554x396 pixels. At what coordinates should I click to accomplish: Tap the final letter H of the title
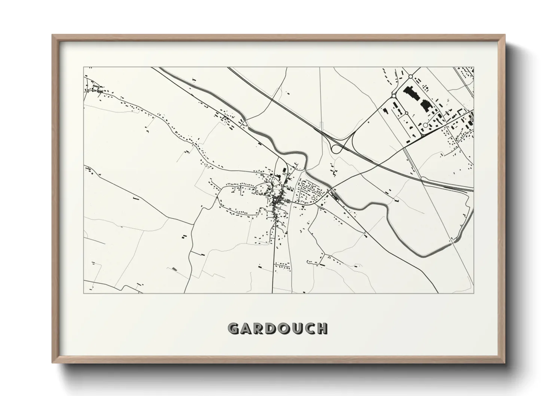click(322, 329)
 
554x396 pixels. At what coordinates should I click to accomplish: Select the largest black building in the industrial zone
click(411, 94)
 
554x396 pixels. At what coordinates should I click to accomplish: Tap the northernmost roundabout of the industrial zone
click(410, 77)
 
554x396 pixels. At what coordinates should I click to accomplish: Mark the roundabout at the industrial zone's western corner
click(393, 96)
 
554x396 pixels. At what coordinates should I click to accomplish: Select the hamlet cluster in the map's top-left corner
click(96, 89)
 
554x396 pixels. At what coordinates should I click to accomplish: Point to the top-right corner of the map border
click(474, 67)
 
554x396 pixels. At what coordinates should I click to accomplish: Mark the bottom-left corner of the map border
click(83, 293)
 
